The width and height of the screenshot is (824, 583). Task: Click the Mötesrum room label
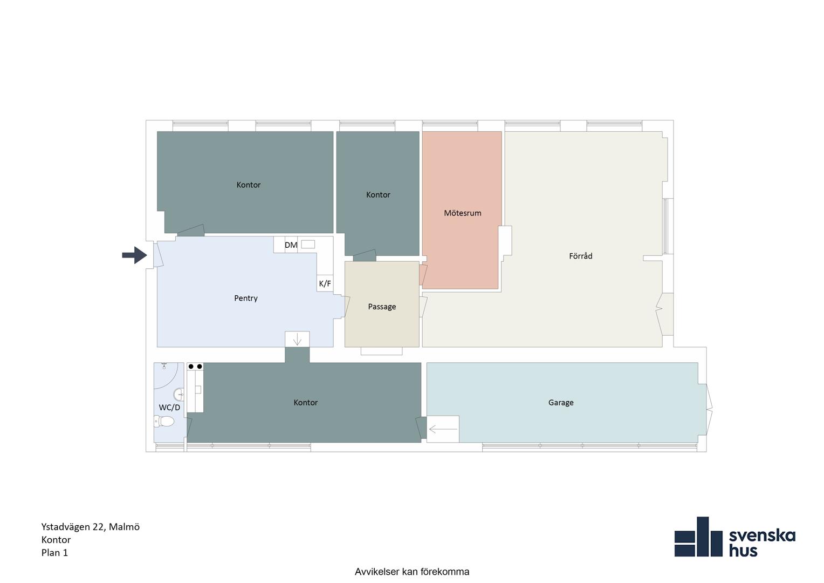pyautogui.click(x=462, y=213)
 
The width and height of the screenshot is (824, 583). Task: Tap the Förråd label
pyautogui.click(x=580, y=255)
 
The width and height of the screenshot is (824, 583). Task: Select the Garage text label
pyautogui.click(x=561, y=403)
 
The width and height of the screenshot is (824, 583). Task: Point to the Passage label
pyautogui.click(x=382, y=307)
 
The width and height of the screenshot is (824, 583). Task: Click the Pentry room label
pyautogui.click(x=246, y=298)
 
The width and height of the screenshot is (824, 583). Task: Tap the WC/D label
pyautogui.click(x=169, y=408)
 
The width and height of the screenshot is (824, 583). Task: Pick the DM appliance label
pyautogui.click(x=291, y=245)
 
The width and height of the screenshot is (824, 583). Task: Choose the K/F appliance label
pyautogui.click(x=325, y=283)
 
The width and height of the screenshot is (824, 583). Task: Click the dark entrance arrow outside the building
pyautogui.click(x=135, y=255)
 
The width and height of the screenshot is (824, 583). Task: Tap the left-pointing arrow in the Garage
pyautogui.click(x=443, y=429)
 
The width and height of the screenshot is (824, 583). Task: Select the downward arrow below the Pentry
pyautogui.click(x=297, y=339)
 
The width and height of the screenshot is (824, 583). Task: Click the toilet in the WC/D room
pyautogui.click(x=164, y=421)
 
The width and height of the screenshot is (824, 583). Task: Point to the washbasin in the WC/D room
pyautogui.click(x=179, y=394)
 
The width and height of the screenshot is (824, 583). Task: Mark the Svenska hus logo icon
pyautogui.click(x=698, y=537)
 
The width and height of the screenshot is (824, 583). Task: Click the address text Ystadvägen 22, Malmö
pyautogui.click(x=91, y=527)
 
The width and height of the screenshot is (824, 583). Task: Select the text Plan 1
pyautogui.click(x=55, y=552)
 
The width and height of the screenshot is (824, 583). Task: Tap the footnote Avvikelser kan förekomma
pyautogui.click(x=412, y=572)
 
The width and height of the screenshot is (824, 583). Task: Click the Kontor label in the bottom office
pyautogui.click(x=305, y=403)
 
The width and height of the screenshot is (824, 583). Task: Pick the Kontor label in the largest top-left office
pyautogui.click(x=248, y=185)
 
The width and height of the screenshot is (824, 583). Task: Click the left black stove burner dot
pyautogui.click(x=191, y=367)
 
